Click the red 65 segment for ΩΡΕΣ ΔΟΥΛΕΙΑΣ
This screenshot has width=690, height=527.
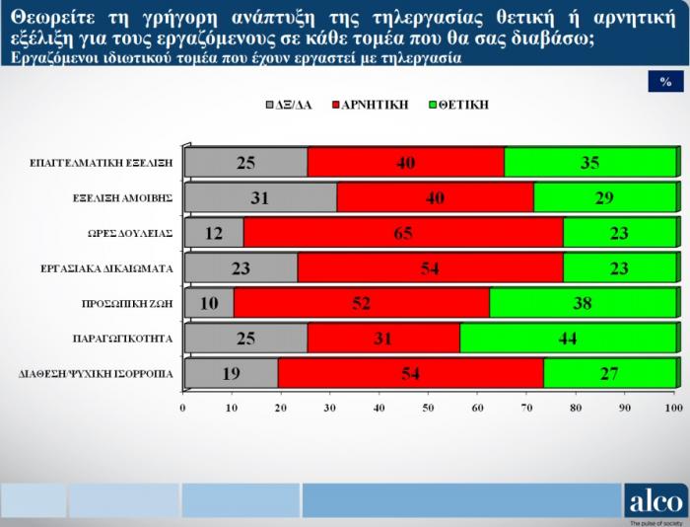403,233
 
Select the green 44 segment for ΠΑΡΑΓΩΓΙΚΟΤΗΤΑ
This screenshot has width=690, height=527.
568,338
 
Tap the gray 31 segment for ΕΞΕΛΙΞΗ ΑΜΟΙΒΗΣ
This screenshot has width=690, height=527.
261,197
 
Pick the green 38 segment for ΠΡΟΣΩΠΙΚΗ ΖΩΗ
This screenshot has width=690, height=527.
583,303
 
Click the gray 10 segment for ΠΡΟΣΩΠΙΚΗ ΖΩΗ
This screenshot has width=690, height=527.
209,303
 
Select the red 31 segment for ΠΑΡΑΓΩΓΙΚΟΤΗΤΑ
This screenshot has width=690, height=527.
383,338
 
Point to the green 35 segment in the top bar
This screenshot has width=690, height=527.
590,163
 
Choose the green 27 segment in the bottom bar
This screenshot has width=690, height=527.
610,373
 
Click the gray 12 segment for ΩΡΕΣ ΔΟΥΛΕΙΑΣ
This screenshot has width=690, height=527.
214,233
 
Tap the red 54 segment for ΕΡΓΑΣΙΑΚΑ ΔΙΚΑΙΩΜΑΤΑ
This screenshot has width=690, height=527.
431,267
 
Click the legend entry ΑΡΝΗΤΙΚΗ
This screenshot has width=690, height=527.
371,105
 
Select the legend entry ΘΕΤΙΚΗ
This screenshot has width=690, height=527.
459,105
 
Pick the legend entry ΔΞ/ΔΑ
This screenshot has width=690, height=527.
289,105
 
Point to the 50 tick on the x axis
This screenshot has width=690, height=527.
428,408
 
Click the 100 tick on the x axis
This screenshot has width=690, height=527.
673,408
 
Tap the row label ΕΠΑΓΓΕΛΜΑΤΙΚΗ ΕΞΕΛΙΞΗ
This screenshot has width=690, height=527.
102,163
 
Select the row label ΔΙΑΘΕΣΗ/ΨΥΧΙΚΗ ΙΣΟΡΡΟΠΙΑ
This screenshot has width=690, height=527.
96,374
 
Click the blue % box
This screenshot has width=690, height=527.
665,82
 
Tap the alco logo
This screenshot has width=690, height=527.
655,501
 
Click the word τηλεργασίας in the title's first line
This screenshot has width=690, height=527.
427,18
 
